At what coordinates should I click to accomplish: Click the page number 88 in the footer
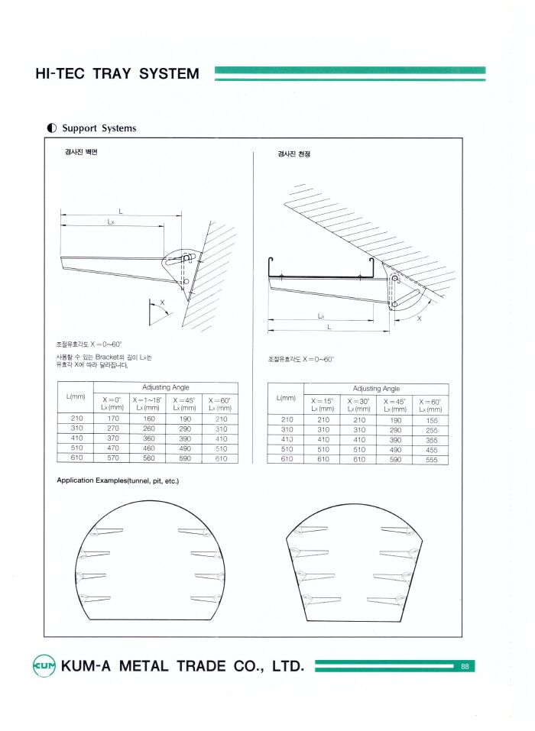(465, 666)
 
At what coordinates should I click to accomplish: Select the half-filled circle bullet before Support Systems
(51, 128)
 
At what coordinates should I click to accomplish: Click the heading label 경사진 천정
(288, 154)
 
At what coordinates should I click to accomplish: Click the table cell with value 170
(112, 419)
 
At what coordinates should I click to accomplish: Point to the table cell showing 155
(431, 419)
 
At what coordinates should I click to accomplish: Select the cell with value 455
(431, 449)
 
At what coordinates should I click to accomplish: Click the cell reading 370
(112, 438)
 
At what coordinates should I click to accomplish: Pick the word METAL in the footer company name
(138, 666)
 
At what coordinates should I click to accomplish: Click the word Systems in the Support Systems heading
(118, 128)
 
